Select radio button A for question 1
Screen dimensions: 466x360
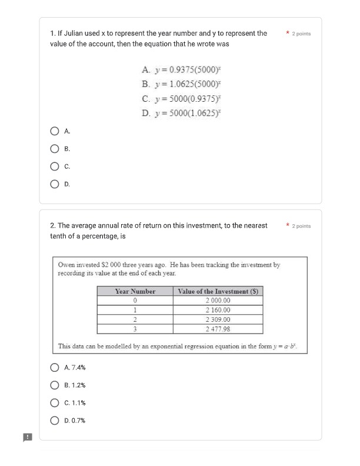(x=55, y=131)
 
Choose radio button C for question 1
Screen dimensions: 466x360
(x=55, y=167)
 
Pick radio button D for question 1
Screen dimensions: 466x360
(x=55, y=184)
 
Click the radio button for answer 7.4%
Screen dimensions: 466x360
(x=55, y=368)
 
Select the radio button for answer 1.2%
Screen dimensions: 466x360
(x=55, y=385)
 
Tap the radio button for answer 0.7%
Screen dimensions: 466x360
(x=55, y=421)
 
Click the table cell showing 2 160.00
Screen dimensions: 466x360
(x=218, y=310)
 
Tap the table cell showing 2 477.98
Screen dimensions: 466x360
(x=218, y=329)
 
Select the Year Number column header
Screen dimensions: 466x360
(x=135, y=291)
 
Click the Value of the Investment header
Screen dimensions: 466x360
(x=218, y=291)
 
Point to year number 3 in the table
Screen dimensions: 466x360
(x=135, y=329)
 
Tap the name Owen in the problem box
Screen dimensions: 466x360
(x=67, y=265)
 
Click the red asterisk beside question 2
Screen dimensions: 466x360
(x=287, y=225)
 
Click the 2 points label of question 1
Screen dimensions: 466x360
(x=301, y=34)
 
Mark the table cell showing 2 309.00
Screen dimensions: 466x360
(x=218, y=319)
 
